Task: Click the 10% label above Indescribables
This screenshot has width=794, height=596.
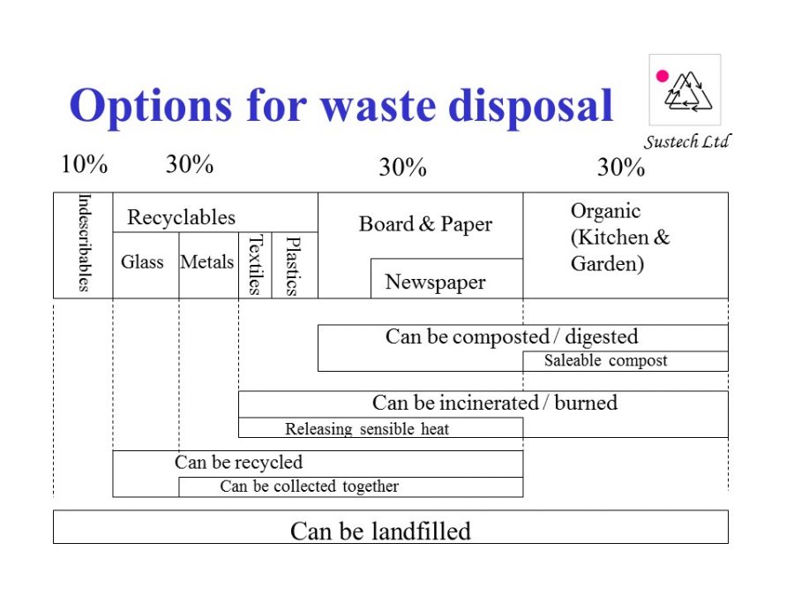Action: tap(84, 164)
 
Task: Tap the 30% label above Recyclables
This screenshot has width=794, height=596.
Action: tap(190, 164)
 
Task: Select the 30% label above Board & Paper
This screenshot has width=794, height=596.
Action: tap(402, 167)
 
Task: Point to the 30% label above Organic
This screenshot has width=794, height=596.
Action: tap(621, 167)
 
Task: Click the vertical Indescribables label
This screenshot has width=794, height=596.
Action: tap(84, 243)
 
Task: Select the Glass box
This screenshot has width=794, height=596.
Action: tap(146, 265)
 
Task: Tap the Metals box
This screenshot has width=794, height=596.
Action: tap(208, 265)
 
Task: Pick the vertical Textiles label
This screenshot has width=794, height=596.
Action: tap(255, 265)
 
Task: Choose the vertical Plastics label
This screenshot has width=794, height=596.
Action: tap(293, 266)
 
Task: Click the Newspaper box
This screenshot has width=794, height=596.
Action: tap(446, 278)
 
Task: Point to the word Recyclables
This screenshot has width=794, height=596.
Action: tap(181, 217)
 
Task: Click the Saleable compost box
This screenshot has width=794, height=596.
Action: tap(625, 361)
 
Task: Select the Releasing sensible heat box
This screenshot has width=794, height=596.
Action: tap(381, 427)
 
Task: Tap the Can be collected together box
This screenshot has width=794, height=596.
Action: tap(351, 487)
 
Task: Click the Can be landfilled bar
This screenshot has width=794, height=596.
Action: tap(391, 527)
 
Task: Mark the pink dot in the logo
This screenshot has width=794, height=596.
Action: tap(663, 76)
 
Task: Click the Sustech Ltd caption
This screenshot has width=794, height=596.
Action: tap(687, 141)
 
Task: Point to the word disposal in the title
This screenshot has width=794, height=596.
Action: tap(531, 106)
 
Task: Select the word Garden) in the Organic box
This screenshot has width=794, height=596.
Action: tap(607, 264)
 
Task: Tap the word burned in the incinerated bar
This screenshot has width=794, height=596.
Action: tap(586, 403)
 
